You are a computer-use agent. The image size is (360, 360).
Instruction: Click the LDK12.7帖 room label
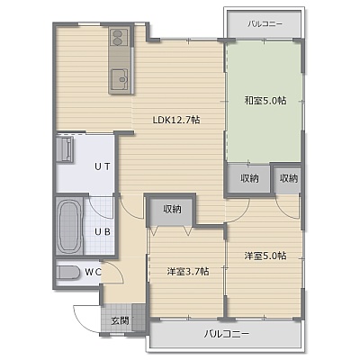176,120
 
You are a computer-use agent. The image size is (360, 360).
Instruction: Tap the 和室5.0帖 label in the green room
265,100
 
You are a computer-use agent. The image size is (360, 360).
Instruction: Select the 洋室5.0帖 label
265,256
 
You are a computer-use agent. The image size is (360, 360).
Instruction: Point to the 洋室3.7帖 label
188,272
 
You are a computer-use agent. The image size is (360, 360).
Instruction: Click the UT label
103,166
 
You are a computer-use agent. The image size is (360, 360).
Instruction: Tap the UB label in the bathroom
103,231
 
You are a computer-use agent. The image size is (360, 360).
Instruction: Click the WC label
93,272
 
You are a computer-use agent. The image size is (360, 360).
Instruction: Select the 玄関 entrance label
121,321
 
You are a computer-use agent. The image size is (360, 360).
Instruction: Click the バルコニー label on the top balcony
265,24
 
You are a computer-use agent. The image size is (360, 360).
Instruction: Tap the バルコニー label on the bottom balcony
227,334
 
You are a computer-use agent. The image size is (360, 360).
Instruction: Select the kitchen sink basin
120,78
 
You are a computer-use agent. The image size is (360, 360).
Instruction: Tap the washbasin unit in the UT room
65,149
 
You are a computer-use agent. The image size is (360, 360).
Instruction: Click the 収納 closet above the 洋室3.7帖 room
172,210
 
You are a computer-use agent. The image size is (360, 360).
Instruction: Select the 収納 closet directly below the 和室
249,178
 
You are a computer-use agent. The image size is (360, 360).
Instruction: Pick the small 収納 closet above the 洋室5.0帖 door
288,179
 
